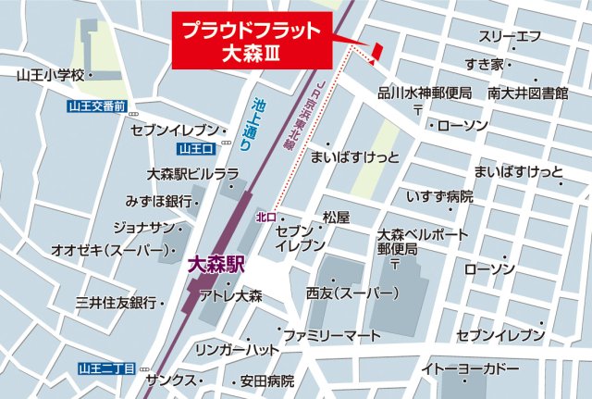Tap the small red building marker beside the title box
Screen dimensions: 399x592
click(376, 55)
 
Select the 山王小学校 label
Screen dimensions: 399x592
click(50, 74)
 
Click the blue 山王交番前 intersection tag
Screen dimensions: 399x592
click(97, 106)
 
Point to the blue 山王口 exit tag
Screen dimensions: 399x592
click(196, 149)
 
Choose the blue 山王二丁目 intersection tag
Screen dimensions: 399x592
click(106, 369)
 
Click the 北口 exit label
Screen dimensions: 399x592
click(266, 217)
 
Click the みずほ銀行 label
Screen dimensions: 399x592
click(159, 201)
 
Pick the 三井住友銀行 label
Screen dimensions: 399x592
click(116, 303)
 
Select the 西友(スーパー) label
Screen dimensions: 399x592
click(352, 293)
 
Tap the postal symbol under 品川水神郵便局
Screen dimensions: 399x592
click(418, 110)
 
